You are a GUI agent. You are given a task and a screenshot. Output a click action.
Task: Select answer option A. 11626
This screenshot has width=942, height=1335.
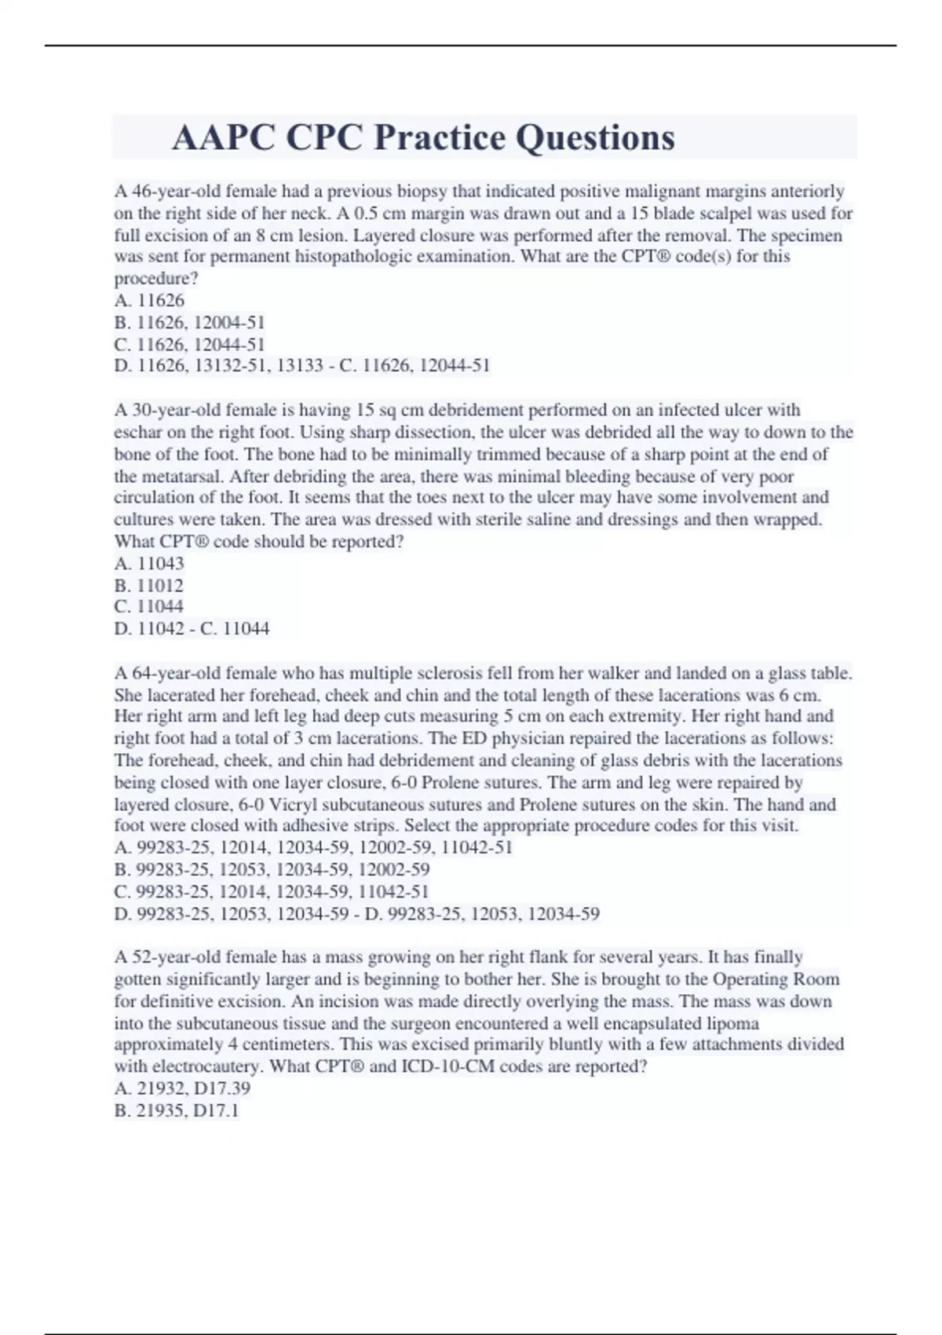pos(149,300)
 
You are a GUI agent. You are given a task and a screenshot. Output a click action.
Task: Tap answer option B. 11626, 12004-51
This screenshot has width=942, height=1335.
pos(189,322)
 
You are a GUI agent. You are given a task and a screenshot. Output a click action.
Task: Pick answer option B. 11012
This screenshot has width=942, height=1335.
pos(148,585)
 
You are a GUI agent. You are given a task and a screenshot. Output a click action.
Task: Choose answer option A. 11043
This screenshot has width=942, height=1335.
pos(149,563)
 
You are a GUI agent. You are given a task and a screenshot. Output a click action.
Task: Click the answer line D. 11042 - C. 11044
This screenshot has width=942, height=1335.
pos(192,628)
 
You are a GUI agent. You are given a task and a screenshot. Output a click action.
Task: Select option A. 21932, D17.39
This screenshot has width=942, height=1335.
pos(182,1088)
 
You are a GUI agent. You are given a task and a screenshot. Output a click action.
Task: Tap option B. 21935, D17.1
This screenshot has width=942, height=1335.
pos(177,1110)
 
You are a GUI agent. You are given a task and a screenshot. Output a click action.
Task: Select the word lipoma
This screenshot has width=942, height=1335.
pos(732,1023)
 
